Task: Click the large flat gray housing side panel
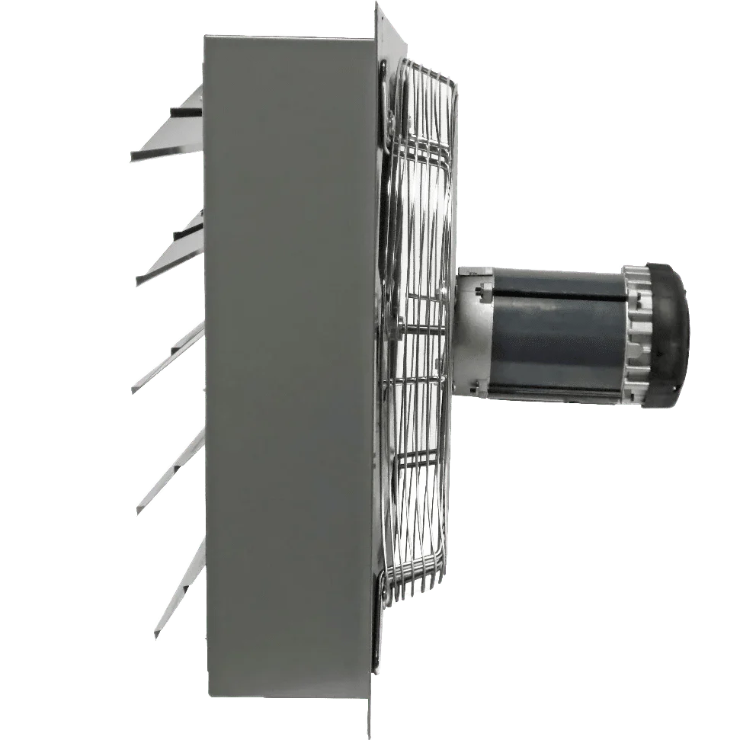(290, 366)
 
